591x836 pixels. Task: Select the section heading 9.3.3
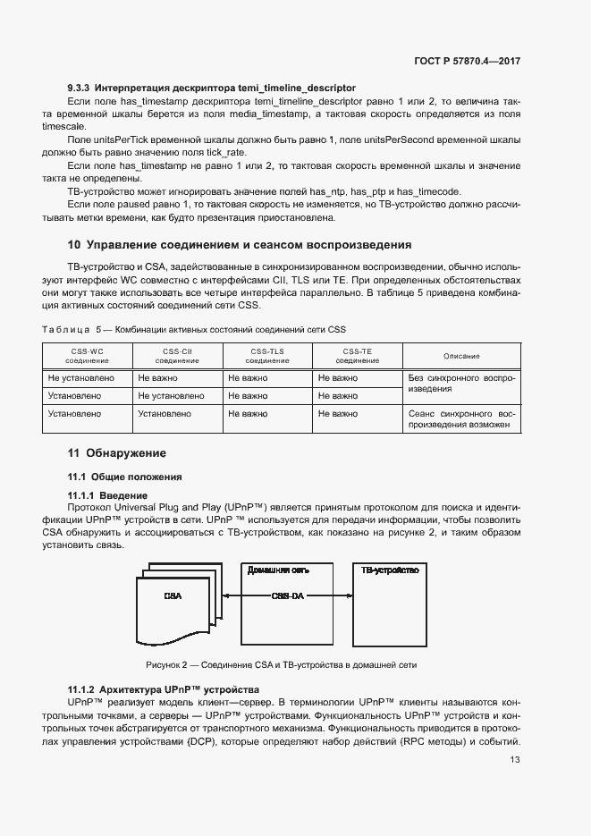tap(211, 89)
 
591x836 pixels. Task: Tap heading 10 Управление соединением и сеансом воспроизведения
tap(240, 244)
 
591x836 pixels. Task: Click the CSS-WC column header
tap(87, 356)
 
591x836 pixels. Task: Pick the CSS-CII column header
tap(177, 356)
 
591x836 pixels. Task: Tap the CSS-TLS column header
tap(267, 356)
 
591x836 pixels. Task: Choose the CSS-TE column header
tap(358, 356)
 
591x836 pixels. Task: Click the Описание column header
tap(461, 356)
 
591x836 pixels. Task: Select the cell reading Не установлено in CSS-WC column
tap(80, 378)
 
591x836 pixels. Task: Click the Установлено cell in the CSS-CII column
tap(164, 414)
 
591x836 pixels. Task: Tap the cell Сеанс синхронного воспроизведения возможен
tap(461, 419)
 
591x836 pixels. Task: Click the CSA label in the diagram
tap(173, 595)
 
